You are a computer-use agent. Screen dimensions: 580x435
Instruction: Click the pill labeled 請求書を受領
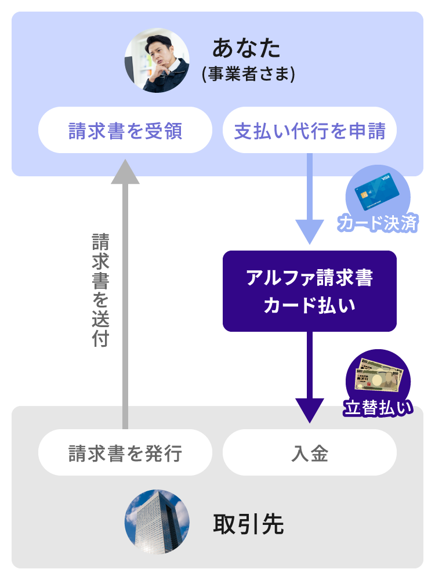tap(125, 130)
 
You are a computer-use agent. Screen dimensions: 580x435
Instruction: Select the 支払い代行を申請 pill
tap(310, 130)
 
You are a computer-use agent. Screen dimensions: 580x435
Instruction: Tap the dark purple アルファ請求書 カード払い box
tap(310, 291)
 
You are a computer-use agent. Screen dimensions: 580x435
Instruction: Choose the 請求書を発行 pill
tap(125, 452)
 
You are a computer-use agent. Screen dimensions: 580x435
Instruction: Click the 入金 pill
tap(310, 452)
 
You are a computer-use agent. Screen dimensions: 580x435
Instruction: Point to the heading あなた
tap(246, 48)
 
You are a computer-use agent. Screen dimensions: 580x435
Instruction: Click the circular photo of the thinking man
tap(157, 61)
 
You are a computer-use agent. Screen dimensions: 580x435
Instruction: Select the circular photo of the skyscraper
tap(157, 522)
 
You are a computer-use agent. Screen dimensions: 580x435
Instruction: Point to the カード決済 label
tap(378, 223)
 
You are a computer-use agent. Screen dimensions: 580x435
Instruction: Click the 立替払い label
tap(379, 408)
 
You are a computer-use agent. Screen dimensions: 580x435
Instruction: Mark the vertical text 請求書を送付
tap(100, 290)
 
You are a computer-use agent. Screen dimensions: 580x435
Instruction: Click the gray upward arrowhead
tap(125, 171)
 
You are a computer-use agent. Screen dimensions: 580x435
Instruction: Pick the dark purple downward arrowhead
tap(310, 409)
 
